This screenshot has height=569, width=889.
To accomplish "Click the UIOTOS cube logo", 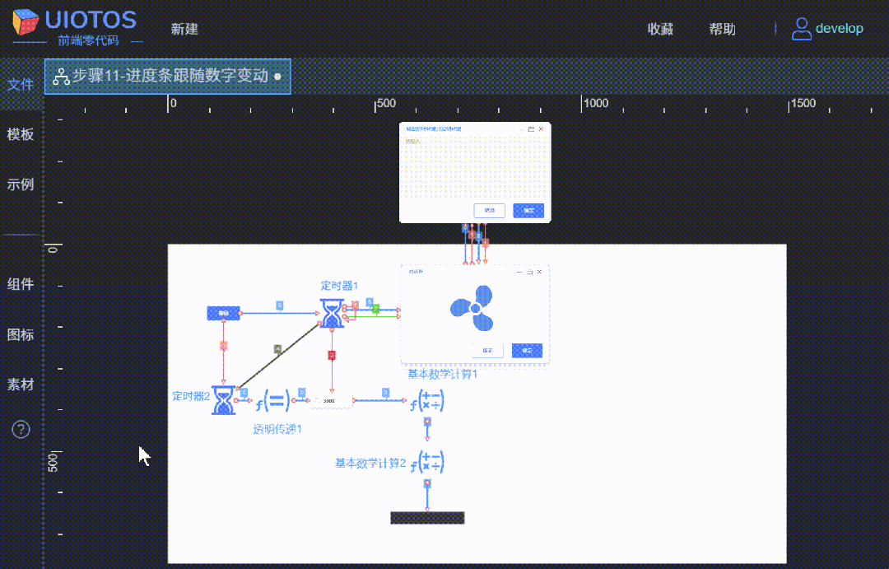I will click(26, 22).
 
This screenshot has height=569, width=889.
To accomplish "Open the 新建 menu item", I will click(184, 30).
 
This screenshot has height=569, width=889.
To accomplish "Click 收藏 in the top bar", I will click(660, 30).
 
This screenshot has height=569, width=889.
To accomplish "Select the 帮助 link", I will click(722, 30).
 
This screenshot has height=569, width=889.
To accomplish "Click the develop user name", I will click(839, 29).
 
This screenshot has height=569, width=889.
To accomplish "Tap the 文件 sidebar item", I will click(21, 85).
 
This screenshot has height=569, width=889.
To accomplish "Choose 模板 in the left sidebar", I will click(21, 135).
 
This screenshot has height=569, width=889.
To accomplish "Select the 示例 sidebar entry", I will click(21, 184).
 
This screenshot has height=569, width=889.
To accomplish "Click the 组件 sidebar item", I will click(21, 284).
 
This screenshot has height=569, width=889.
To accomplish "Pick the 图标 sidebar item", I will click(21, 335).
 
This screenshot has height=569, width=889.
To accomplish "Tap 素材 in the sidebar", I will click(21, 385).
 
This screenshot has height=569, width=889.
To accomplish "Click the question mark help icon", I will click(21, 429).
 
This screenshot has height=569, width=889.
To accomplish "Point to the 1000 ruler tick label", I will click(595, 104).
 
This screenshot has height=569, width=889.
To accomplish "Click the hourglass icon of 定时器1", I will click(331, 312).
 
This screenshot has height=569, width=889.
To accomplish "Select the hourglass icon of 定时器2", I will click(223, 399).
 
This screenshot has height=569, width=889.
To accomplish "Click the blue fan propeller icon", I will click(472, 306).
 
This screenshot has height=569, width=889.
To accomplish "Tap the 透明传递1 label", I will click(277, 429).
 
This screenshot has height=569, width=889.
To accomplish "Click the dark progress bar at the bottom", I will click(427, 518).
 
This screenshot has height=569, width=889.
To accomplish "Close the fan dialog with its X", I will click(539, 272).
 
